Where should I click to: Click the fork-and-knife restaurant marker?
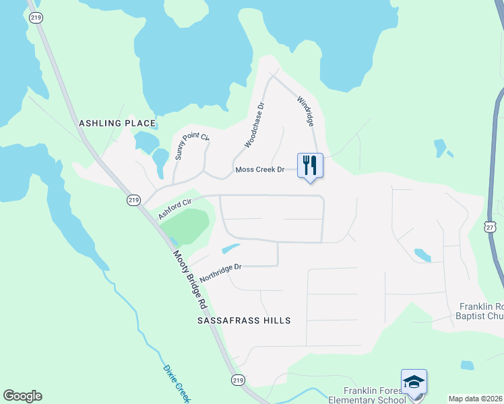coord(310,165)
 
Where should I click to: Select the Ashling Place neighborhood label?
coord(117,123)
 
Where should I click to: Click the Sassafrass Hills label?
coord(244,321)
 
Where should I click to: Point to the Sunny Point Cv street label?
coord(192,147)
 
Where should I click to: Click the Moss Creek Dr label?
coord(260,170)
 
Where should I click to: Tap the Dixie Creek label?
coord(176,382)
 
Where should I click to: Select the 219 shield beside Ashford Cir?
coord(133,201)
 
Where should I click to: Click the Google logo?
coord(22,396)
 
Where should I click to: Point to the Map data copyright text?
coord(475,399)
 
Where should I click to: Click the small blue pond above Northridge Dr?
coord(230,248)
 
